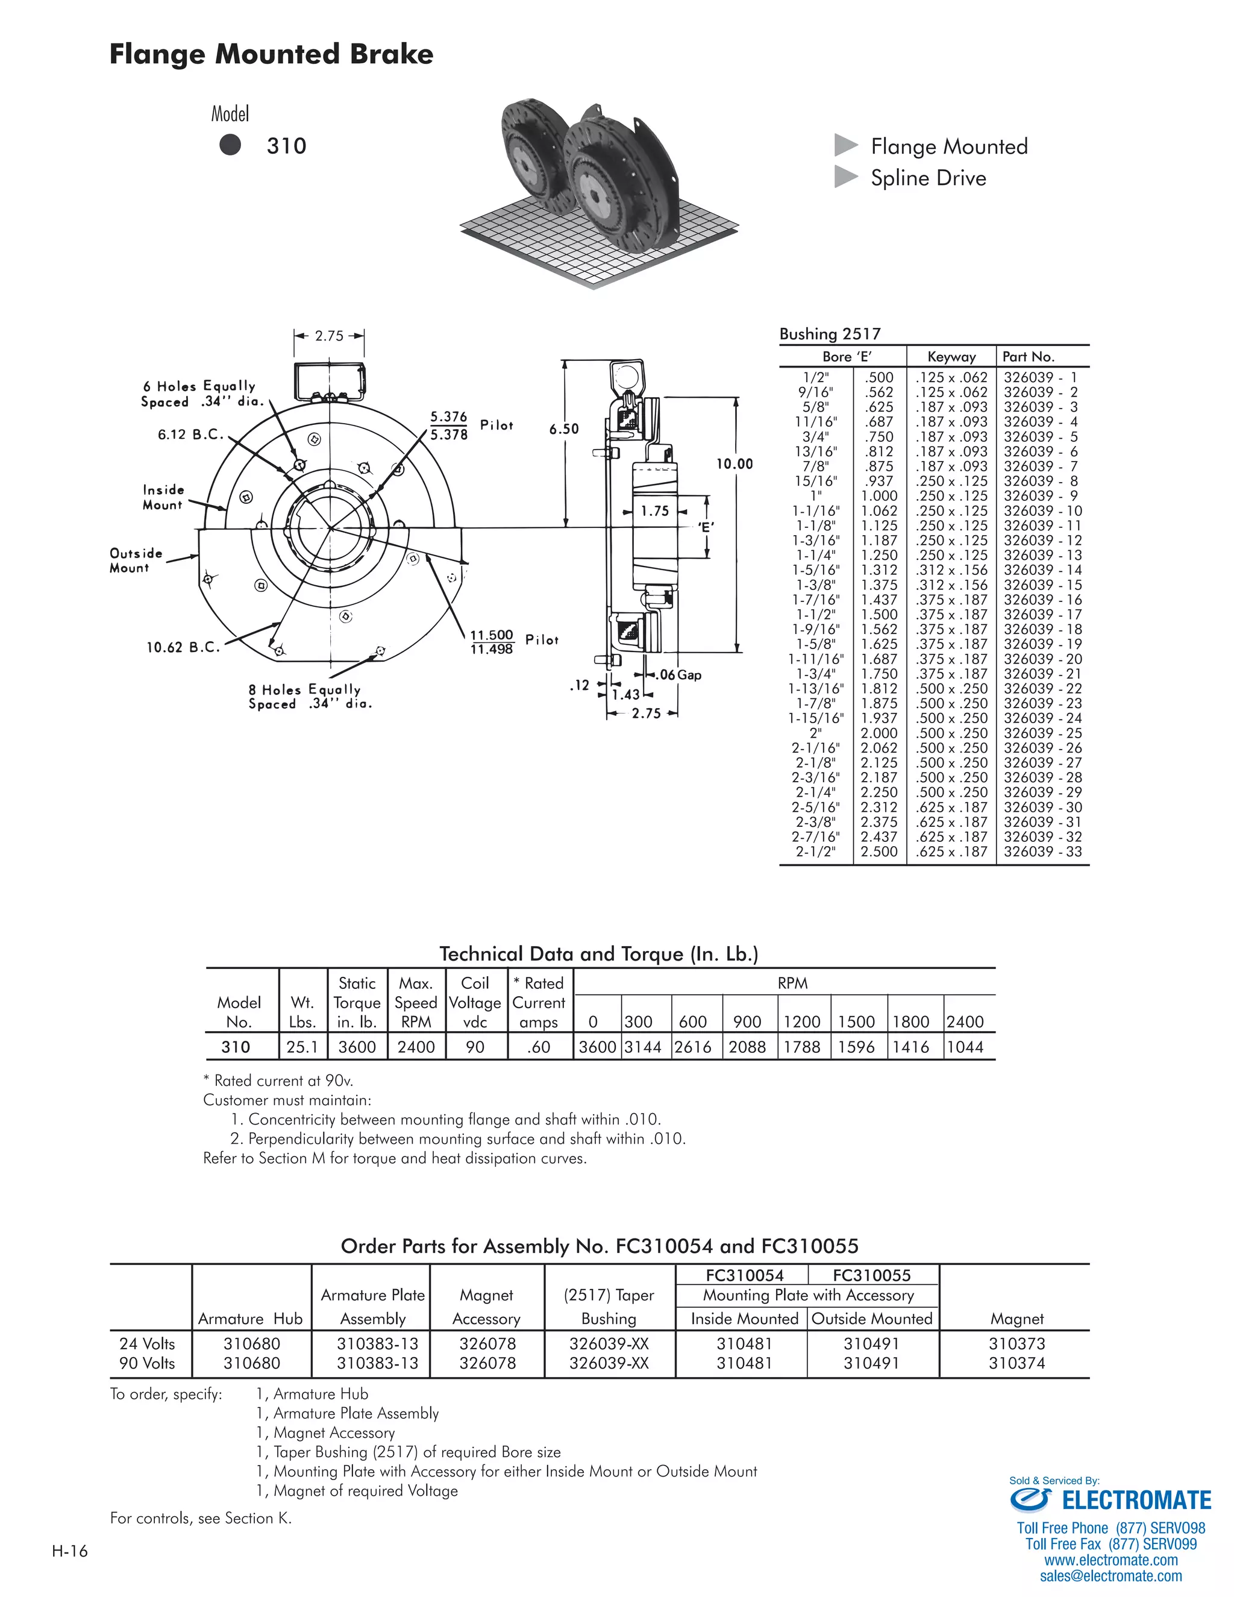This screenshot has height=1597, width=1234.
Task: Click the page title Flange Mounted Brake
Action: click(x=271, y=55)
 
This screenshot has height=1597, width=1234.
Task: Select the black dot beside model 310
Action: click(x=230, y=145)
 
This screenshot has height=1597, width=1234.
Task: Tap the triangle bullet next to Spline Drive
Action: click(x=846, y=177)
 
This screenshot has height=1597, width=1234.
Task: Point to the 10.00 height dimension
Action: click(x=733, y=463)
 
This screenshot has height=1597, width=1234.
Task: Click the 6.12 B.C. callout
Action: click(x=190, y=435)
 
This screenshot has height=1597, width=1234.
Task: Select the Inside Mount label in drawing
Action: click(x=163, y=497)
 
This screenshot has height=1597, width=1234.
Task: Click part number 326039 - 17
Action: click(x=1042, y=614)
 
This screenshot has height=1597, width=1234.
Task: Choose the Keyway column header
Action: click(x=951, y=357)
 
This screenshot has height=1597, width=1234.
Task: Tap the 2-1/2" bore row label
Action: click(x=815, y=852)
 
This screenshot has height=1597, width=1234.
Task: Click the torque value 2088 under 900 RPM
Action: click(x=747, y=1047)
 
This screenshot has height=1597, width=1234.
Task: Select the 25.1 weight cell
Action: click(x=302, y=1047)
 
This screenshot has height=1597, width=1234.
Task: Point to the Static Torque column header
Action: click(x=357, y=1003)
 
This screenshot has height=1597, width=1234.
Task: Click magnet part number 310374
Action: click(x=1016, y=1363)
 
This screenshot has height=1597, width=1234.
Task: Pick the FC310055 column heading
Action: click(x=871, y=1275)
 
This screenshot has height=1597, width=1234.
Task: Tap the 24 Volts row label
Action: click(x=147, y=1343)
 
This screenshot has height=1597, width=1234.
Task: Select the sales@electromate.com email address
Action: click(x=1110, y=1577)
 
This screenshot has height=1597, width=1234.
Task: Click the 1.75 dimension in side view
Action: click(x=654, y=511)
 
